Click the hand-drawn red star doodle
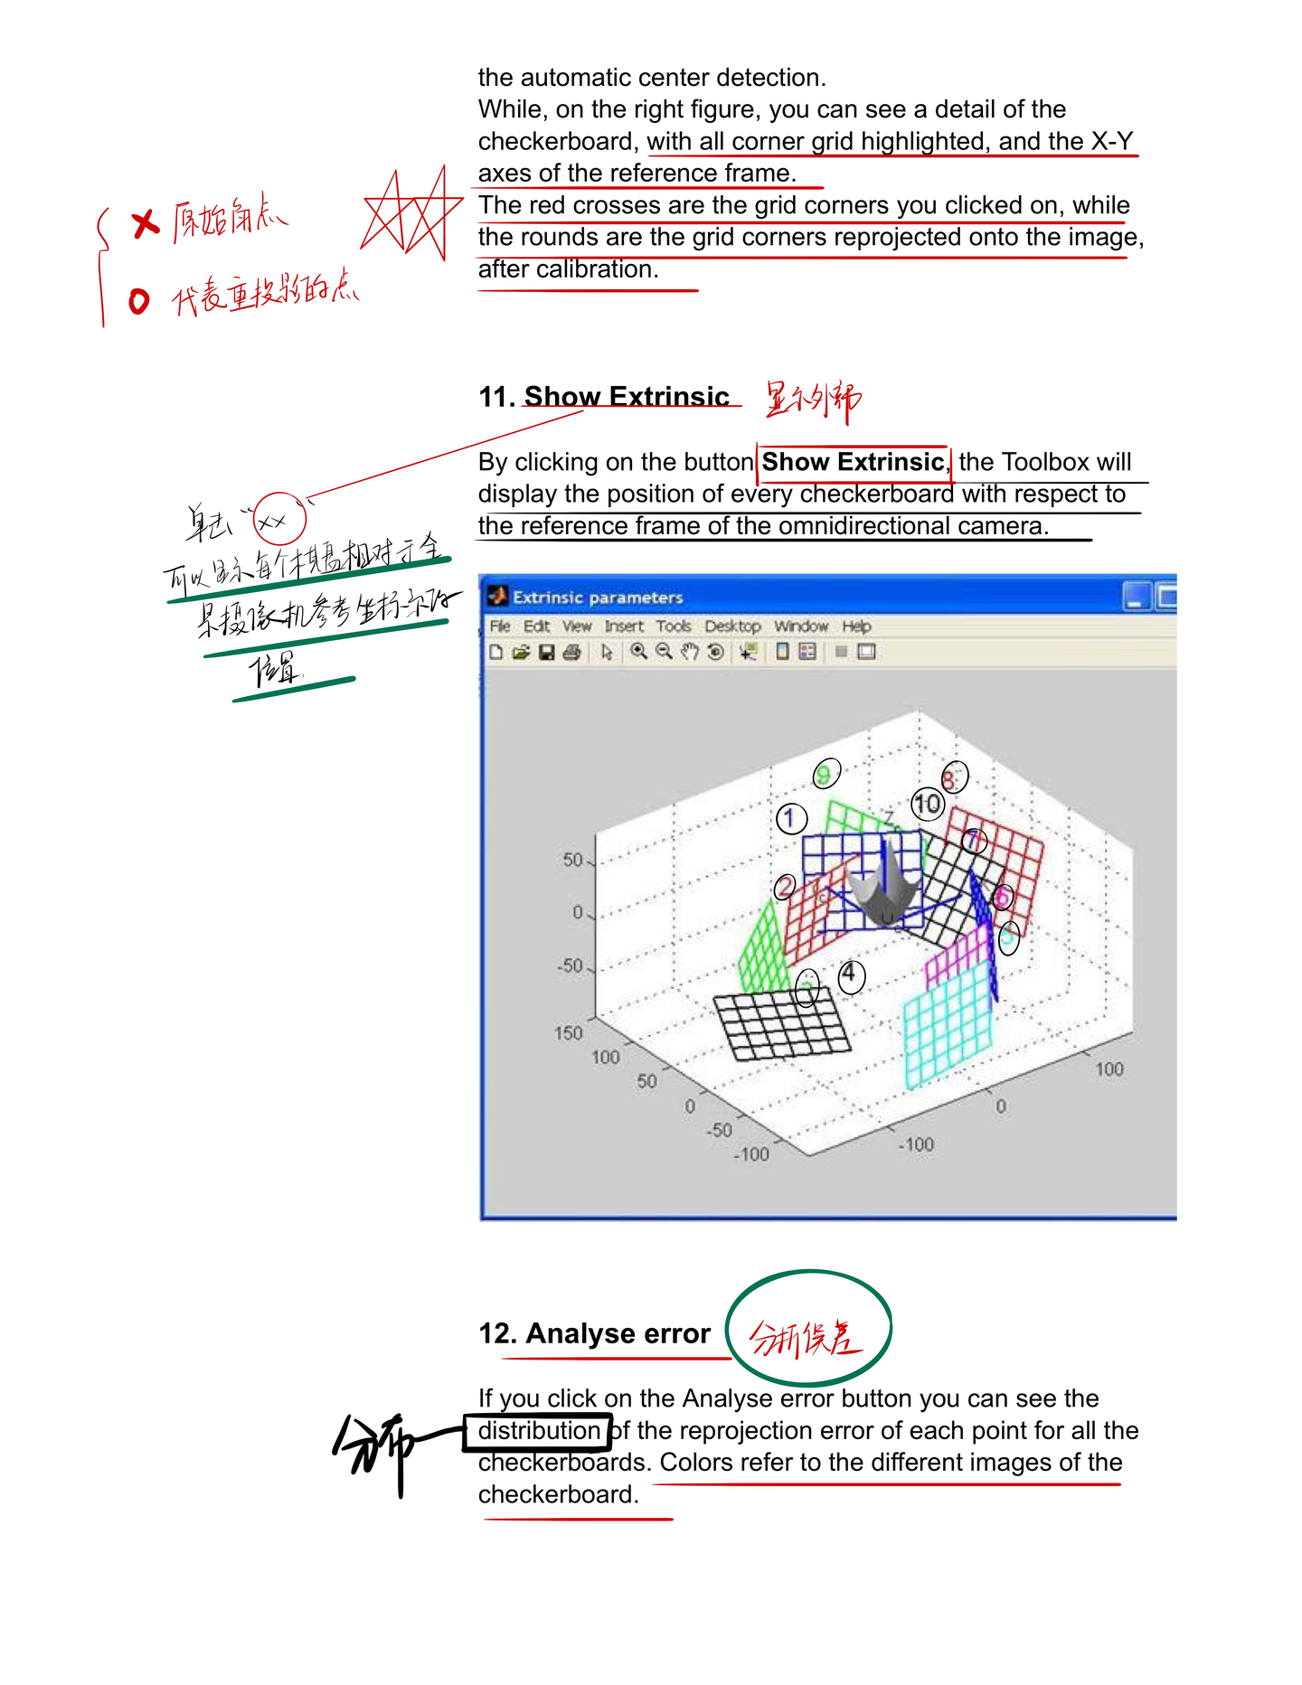pos(409,215)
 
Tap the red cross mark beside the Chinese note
pos(145,222)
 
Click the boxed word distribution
pos(538,1431)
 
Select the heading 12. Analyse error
pos(595,1333)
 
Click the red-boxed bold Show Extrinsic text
pos(853,462)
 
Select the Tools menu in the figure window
pos(673,626)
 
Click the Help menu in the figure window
pos(855,626)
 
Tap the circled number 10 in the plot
pos(927,804)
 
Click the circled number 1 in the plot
pos(790,818)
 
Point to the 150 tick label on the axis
pos(568,1032)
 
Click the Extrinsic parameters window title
pos(598,598)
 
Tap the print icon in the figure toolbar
pos(571,652)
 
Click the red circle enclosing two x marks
pos(278,519)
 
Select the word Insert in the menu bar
pos(623,626)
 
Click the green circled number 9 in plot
pos(826,774)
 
